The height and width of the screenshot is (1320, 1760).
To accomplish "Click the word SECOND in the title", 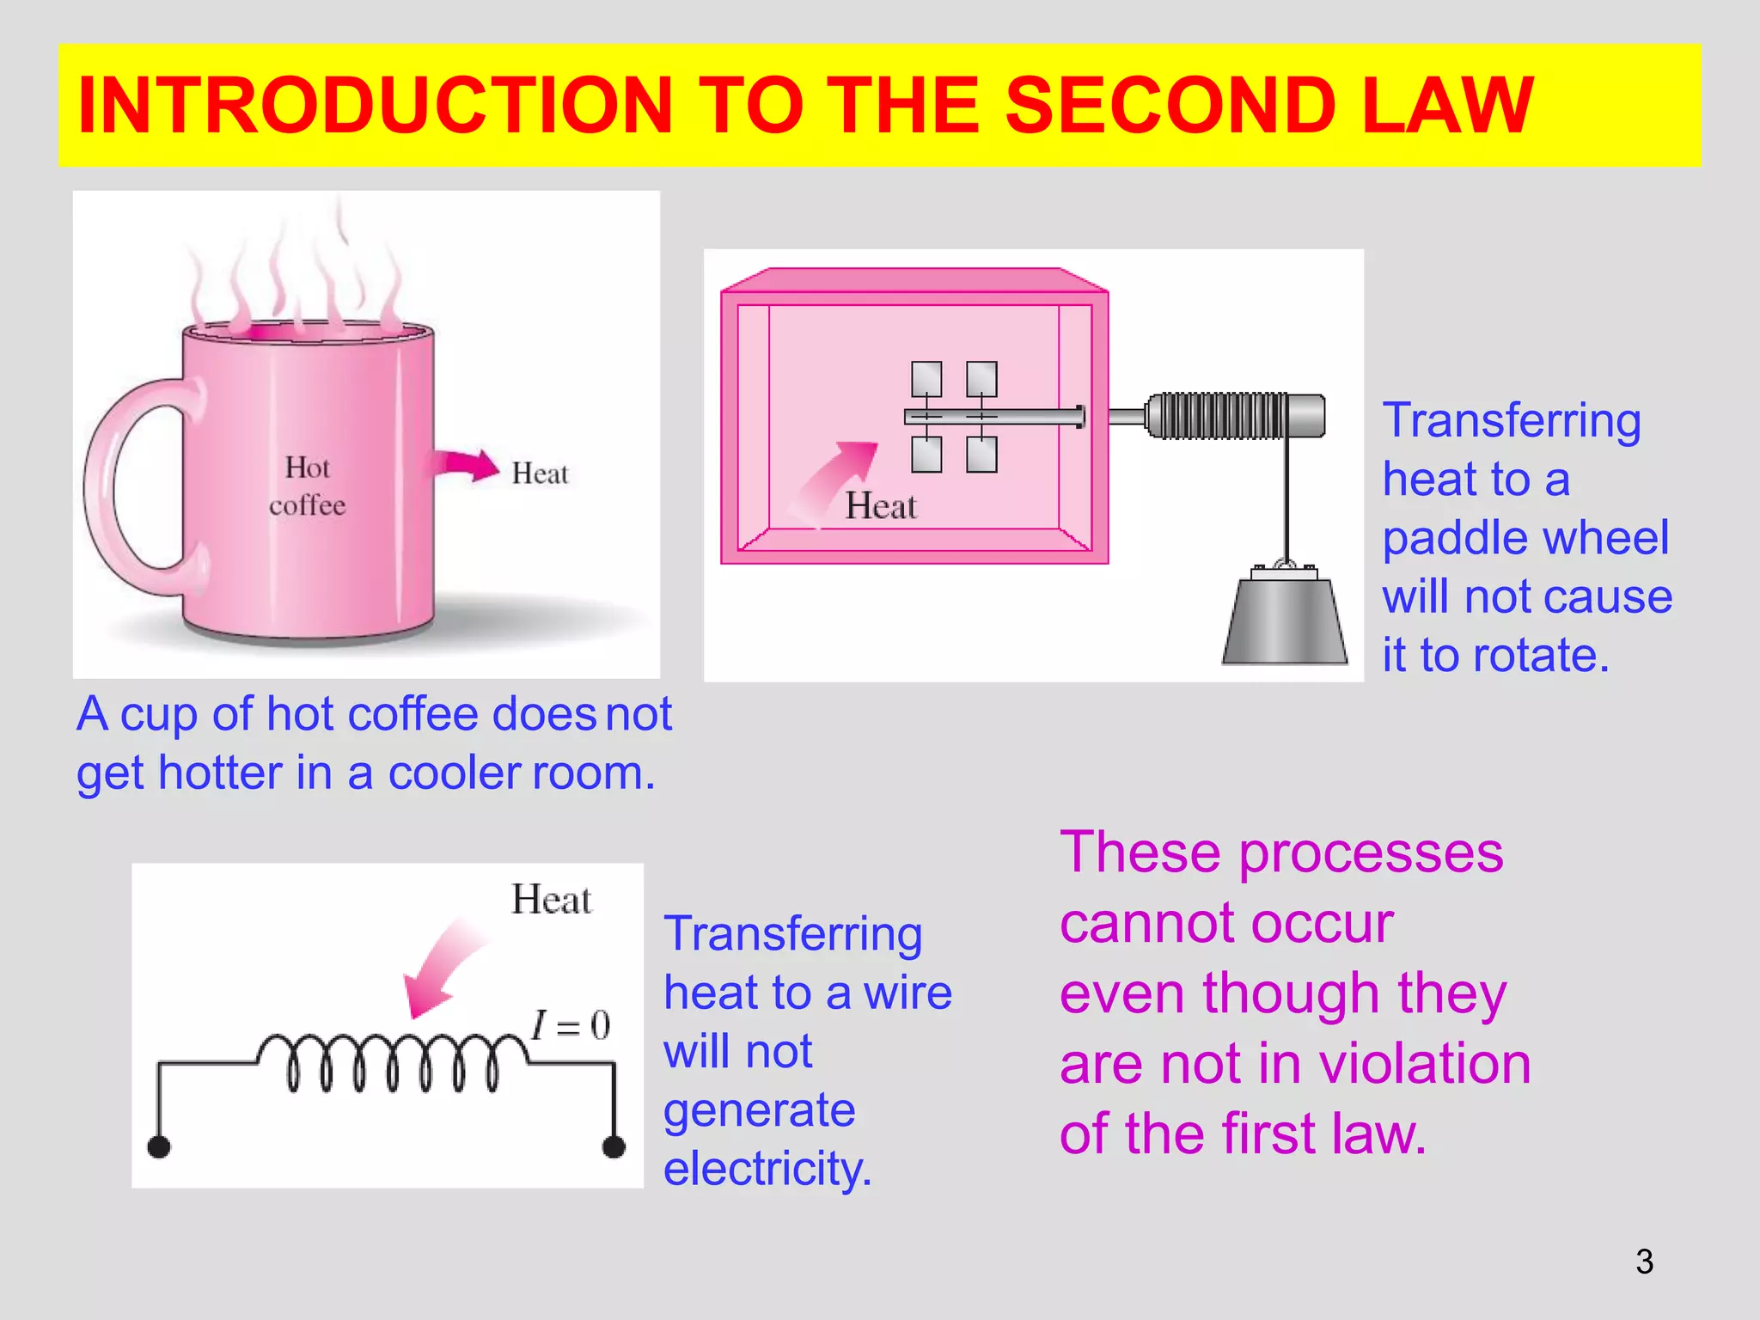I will pyautogui.click(x=1170, y=106).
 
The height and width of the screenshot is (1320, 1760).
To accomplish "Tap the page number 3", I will pyautogui.click(x=1644, y=1262).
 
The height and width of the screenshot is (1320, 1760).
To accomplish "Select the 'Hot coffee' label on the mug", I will pyautogui.click(x=307, y=486).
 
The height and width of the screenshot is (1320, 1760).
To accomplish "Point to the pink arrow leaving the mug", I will pyautogui.click(x=465, y=465).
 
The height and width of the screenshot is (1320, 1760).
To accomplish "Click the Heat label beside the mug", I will pyautogui.click(x=540, y=474).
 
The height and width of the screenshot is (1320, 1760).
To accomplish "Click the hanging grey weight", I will pyautogui.click(x=1284, y=620).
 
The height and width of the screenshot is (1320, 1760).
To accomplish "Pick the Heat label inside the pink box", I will pyautogui.click(x=881, y=506).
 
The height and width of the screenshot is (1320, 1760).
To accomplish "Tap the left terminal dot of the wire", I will pyautogui.click(x=159, y=1146).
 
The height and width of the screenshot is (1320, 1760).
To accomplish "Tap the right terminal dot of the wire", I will pyautogui.click(x=614, y=1146).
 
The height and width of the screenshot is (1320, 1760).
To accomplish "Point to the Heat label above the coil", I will pyautogui.click(x=551, y=900).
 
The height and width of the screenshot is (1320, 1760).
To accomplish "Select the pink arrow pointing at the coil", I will pyautogui.click(x=443, y=967).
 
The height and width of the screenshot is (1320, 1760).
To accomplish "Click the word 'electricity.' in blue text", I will pyautogui.click(x=767, y=1169).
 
